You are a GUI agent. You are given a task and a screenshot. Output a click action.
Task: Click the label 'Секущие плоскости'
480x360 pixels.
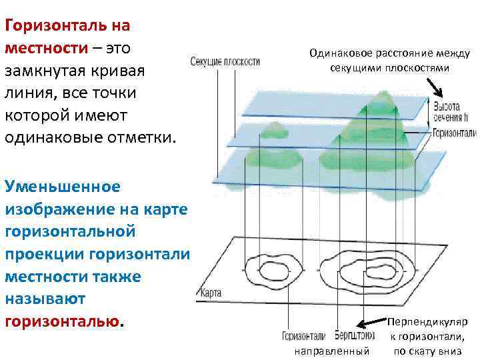tap(225, 62)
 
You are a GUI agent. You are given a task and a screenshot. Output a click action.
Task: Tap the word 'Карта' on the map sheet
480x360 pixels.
tap(211, 293)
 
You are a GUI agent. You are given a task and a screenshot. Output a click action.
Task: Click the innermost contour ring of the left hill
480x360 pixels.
tap(273, 271)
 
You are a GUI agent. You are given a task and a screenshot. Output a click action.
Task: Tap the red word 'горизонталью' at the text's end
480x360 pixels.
tap(63, 321)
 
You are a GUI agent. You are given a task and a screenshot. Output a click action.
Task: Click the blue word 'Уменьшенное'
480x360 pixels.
tap(63, 185)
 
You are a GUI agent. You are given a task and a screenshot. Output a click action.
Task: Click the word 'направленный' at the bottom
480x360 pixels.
tap(331, 350)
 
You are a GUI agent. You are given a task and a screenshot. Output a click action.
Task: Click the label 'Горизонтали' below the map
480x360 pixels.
tap(303, 335)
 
